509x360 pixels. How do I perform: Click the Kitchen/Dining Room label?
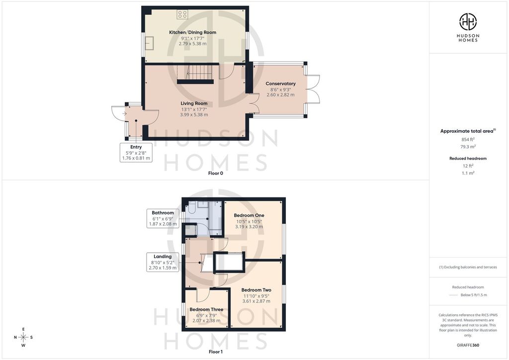[192, 32]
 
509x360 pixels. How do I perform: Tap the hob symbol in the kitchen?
[182, 14]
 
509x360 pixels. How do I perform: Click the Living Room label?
[194, 103]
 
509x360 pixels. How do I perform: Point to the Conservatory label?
[280, 84]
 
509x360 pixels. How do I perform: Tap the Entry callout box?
[136, 153]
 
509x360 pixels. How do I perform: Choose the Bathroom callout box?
[163, 218]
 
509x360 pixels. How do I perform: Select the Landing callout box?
[163, 262]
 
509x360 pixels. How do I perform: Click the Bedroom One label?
[249, 215]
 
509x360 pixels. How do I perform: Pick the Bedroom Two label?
[256, 290]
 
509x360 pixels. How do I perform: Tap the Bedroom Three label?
[206, 310]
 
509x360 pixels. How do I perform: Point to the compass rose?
[23, 337]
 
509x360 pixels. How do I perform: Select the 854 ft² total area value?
[468, 140]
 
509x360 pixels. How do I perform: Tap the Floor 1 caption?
[216, 352]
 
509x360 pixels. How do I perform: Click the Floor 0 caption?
[216, 174]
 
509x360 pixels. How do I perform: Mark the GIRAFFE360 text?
[468, 345]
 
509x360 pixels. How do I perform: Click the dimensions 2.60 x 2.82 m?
[280, 95]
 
